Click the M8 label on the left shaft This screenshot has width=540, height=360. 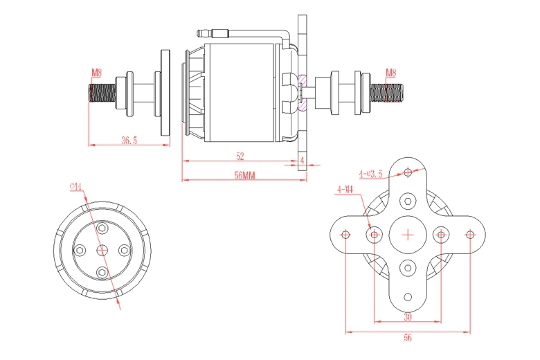(x=97, y=71)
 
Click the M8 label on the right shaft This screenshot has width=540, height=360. (x=390, y=71)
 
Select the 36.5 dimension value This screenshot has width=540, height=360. (x=129, y=140)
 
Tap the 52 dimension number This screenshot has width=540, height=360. (x=240, y=157)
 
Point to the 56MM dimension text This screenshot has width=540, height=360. (x=244, y=176)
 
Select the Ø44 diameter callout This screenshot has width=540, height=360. (x=76, y=186)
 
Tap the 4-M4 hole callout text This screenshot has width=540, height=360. (x=345, y=188)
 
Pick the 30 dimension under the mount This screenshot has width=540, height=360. (x=407, y=317)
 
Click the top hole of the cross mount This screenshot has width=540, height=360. (x=408, y=171)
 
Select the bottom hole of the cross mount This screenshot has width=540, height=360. (x=408, y=298)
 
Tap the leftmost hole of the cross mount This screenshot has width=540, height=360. (x=345, y=234)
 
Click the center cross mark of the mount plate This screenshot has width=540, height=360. (x=408, y=234)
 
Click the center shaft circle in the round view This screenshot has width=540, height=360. (x=102, y=250)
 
